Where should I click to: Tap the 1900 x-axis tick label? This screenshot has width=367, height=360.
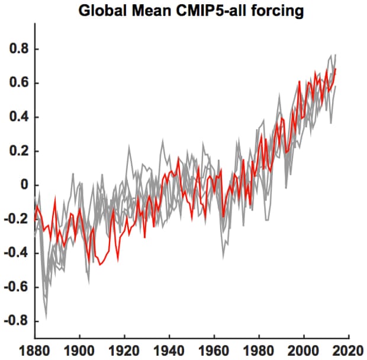[x=80, y=350]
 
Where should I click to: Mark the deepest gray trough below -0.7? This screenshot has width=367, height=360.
[x=46, y=318]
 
